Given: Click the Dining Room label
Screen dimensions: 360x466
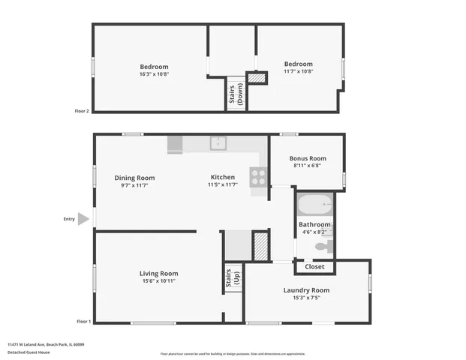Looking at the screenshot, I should pyautogui.click(x=134, y=178).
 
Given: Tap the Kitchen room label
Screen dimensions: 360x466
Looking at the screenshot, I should pyautogui.click(x=222, y=178).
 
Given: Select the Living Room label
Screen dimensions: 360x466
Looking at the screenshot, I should pyautogui.click(x=158, y=273).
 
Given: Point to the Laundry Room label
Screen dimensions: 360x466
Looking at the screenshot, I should pyautogui.click(x=306, y=290).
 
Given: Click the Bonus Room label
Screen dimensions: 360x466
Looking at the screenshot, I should pyautogui.click(x=309, y=158).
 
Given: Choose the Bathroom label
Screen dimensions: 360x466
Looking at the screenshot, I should pyautogui.click(x=314, y=224).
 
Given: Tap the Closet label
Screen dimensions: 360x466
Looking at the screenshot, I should pyautogui.click(x=314, y=266).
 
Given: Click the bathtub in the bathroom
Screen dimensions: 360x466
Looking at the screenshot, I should pyautogui.click(x=314, y=204).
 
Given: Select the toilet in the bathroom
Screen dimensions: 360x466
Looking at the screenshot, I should pyautogui.click(x=320, y=246).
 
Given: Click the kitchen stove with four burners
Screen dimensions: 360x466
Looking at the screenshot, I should pyautogui.click(x=258, y=177).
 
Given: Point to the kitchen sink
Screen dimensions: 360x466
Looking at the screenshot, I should pyautogui.click(x=218, y=142).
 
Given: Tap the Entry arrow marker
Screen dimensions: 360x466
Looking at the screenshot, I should pyautogui.click(x=84, y=219).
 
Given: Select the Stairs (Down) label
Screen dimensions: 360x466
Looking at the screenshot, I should pyautogui.click(x=236, y=94).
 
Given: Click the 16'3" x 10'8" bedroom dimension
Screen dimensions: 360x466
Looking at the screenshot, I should pyautogui.click(x=154, y=74).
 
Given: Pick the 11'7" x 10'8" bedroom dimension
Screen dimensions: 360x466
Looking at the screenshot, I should pyautogui.click(x=298, y=72).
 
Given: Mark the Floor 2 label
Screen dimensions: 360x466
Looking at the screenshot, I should pyautogui.click(x=82, y=111).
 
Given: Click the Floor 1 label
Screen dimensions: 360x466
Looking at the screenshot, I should pyautogui.click(x=83, y=322).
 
